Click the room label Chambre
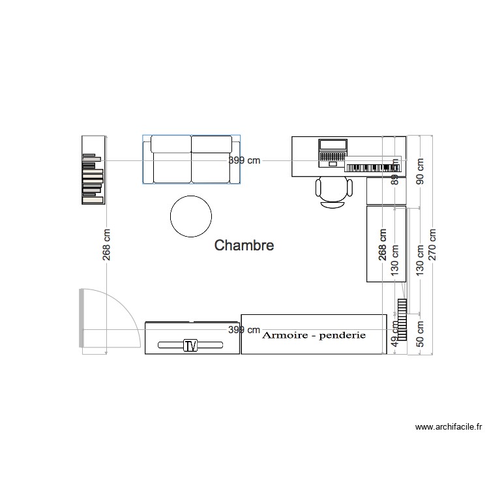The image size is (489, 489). [244, 246]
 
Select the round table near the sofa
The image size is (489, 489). [190, 216]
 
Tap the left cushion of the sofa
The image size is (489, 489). [171, 160]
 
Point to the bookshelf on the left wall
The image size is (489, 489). [93, 170]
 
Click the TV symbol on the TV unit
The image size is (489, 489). [190, 345]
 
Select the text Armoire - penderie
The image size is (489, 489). [314, 335]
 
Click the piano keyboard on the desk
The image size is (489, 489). [372, 168]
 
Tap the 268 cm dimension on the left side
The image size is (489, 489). [106, 244]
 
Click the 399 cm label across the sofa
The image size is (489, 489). [244, 160]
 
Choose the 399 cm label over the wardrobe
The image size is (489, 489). [244, 330]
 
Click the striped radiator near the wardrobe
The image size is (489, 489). [402, 319]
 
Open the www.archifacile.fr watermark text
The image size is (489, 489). [449, 428]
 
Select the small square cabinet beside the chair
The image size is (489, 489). [386, 191]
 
